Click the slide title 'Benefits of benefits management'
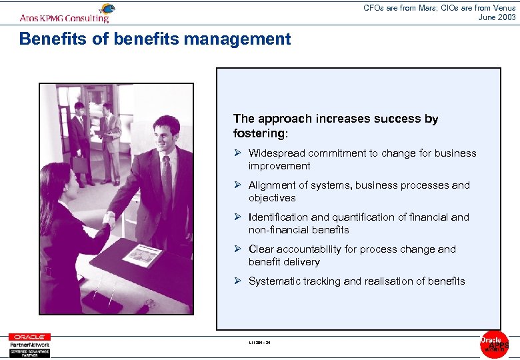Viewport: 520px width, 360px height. pyautogui.click(x=155, y=39)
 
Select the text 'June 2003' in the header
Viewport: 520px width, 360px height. pyautogui.click(x=497, y=17)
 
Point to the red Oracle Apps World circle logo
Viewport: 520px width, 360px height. pyautogui.click(x=494, y=344)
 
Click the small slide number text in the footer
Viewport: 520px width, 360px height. pyautogui.click(x=259, y=343)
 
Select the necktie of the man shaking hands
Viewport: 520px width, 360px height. pyautogui.click(x=167, y=177)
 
